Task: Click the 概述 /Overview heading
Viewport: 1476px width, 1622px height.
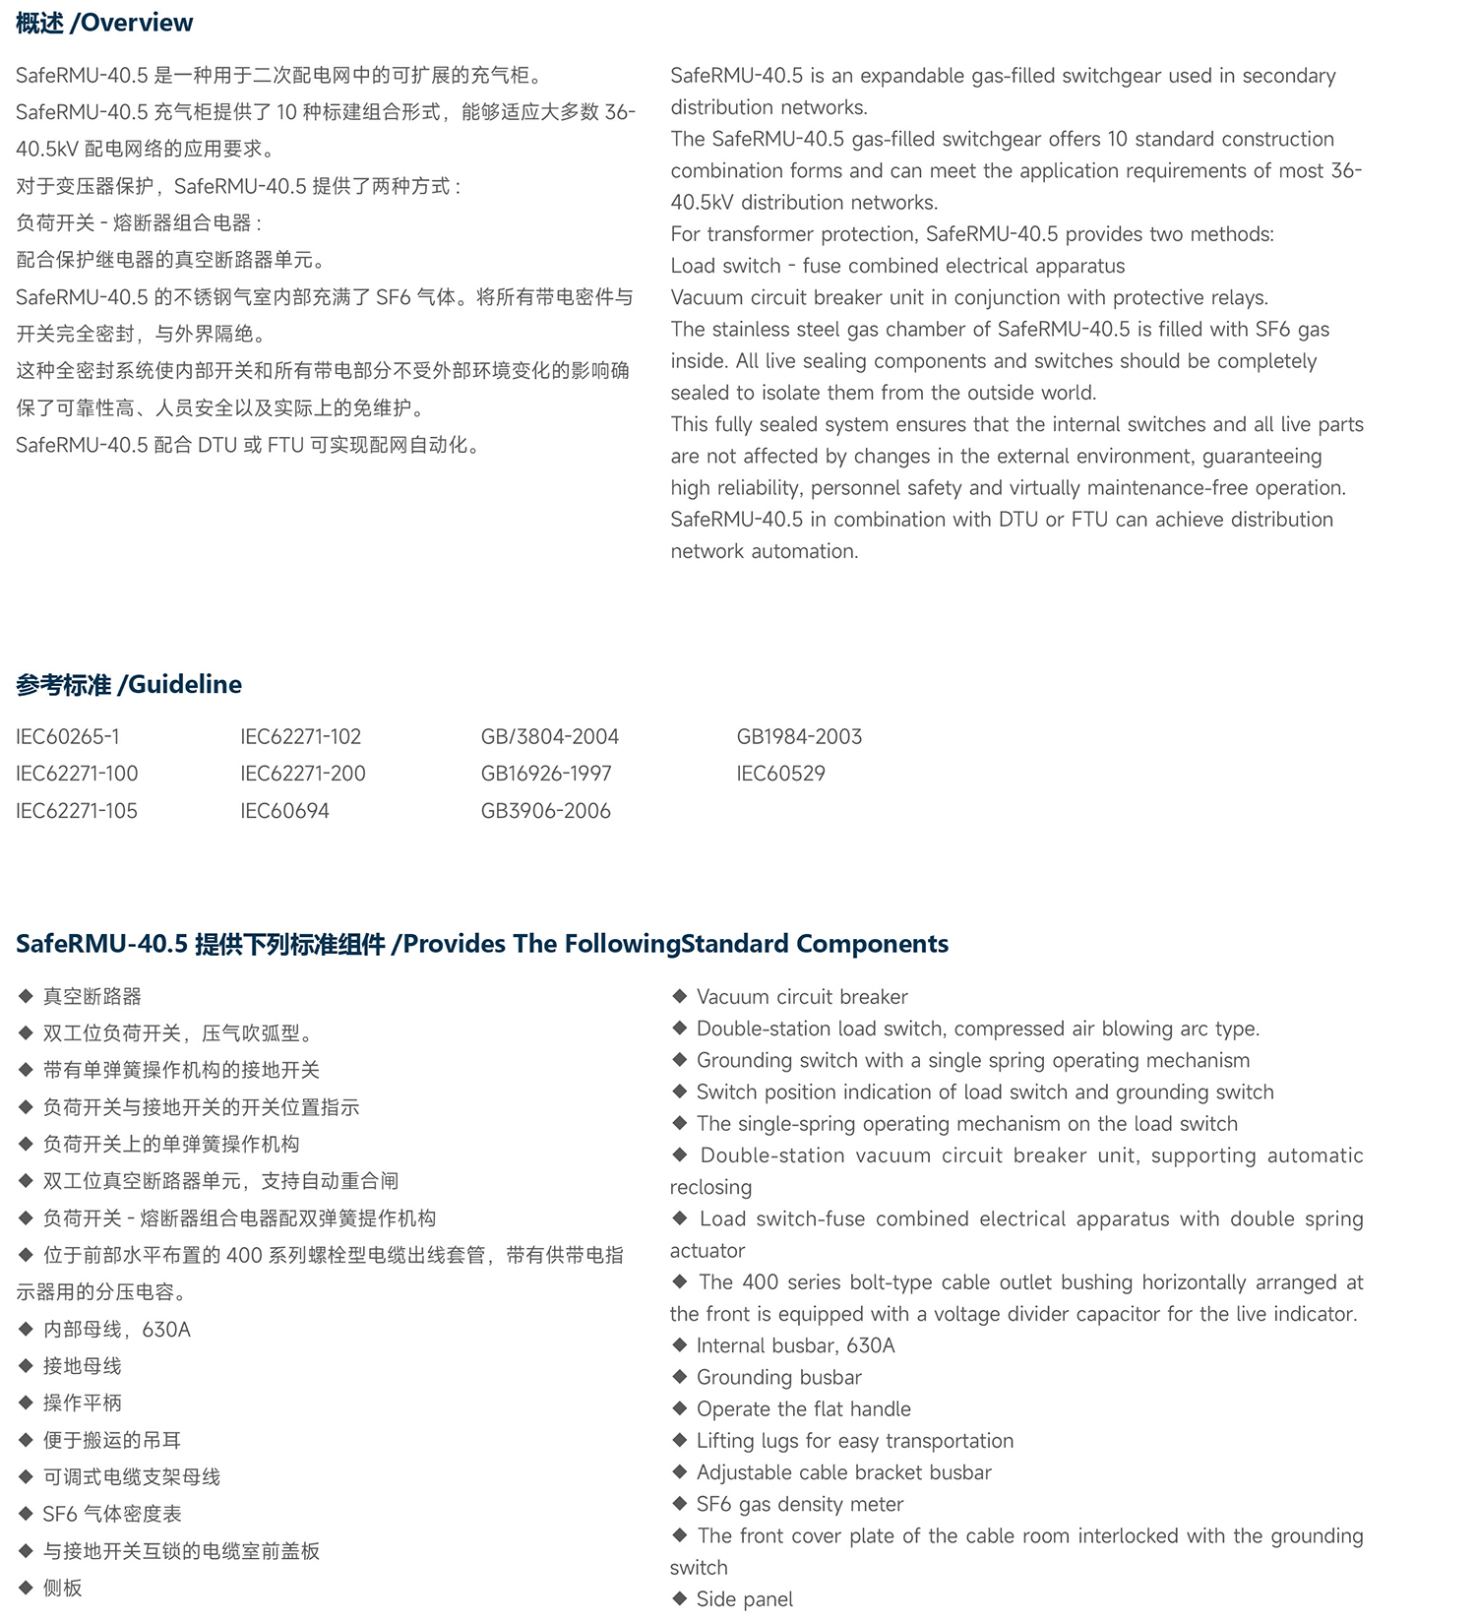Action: tap(104, 23)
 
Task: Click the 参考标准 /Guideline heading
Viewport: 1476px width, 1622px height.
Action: tap(129, 684)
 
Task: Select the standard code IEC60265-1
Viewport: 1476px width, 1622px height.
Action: tap(68, 736)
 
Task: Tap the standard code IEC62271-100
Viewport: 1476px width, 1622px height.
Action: tap(77, 774)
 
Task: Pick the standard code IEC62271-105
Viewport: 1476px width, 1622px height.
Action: tap(77, 811)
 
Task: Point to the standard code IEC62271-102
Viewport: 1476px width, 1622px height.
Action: tap(300, 736)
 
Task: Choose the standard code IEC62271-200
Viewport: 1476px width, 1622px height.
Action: tap(302, 774)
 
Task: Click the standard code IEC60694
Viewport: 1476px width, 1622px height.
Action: tap(284, 811)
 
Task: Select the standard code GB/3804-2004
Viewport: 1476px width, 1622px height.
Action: tap(549, 736)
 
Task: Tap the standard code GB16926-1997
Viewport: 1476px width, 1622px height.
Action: tap(546, 774)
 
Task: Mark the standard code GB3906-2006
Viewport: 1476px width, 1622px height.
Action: tap(545, 811)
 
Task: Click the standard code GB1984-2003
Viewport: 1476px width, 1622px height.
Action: tap(799, 736)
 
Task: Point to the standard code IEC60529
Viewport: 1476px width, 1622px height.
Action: tap(780, 774)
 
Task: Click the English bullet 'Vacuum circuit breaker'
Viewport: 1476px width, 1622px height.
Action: tap(802, 996)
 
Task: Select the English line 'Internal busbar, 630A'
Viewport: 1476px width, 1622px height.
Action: tap(795, 1345)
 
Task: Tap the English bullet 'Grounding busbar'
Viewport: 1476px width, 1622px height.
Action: tap(778, 1377)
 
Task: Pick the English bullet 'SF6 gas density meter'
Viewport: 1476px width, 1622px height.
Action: tap(799, 1504)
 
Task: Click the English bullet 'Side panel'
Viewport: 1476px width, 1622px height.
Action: tap(744, 1599)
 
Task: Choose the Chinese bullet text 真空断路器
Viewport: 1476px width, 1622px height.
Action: tap(92, 996)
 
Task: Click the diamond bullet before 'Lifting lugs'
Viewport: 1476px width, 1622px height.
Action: tap(679, 1440)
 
